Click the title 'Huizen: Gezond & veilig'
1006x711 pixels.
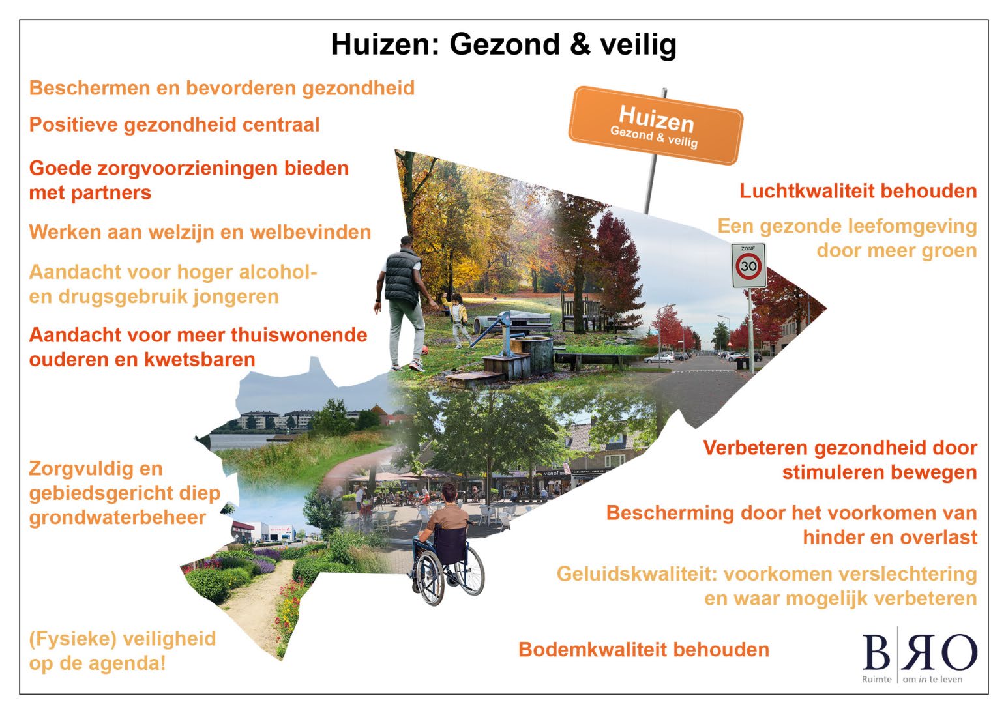(503, 44)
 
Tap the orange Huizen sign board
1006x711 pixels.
(655, 125)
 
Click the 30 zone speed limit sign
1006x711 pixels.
(748, 266)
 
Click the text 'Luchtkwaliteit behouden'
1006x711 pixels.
(857, 191)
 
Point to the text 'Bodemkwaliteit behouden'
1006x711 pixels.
(644, 650)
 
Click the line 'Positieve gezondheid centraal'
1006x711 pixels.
(174, 124)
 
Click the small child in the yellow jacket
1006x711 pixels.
(458, 317)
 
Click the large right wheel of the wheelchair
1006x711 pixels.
(466, 570)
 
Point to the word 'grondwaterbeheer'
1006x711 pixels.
(117, 517)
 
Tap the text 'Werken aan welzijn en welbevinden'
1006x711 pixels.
(200, 232)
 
